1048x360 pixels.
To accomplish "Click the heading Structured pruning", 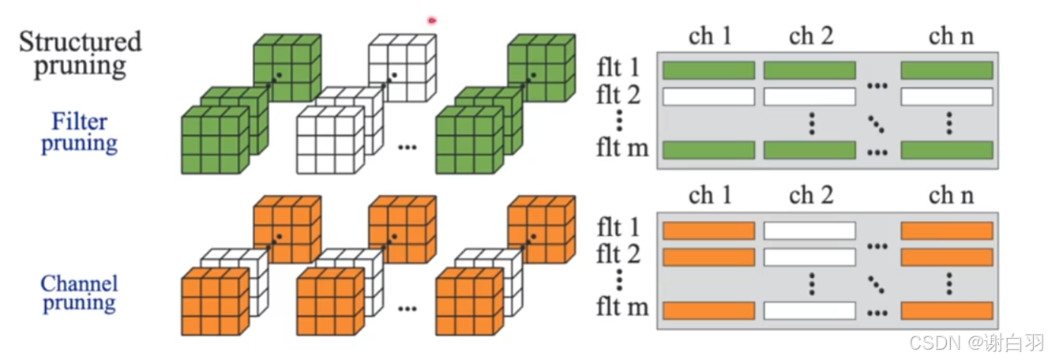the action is point(80,53).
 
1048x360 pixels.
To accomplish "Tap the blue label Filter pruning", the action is point(79,133).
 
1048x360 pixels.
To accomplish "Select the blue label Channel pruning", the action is point(79,293).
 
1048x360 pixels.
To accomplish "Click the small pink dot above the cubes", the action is point(432,21).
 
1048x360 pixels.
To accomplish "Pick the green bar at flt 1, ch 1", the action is point(708,70).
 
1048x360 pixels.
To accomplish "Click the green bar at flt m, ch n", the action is point(946,150).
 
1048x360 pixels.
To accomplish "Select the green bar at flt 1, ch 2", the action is point(809,70).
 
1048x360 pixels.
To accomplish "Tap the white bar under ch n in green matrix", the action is point(946,97).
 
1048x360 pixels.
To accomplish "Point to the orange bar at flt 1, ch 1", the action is point(708,231).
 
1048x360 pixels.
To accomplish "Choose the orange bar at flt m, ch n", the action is point(946,310).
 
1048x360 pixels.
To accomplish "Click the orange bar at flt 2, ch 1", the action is point(708,257).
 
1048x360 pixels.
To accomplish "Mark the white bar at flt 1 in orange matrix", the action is point(809,231).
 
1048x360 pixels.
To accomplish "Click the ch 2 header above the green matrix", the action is point(811,36).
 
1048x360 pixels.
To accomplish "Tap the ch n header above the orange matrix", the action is point(951,196).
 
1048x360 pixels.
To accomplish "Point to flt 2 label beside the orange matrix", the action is point(620,255).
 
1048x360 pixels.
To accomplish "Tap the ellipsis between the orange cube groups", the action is point(407,308).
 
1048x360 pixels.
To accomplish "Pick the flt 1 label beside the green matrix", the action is point(620,69).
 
